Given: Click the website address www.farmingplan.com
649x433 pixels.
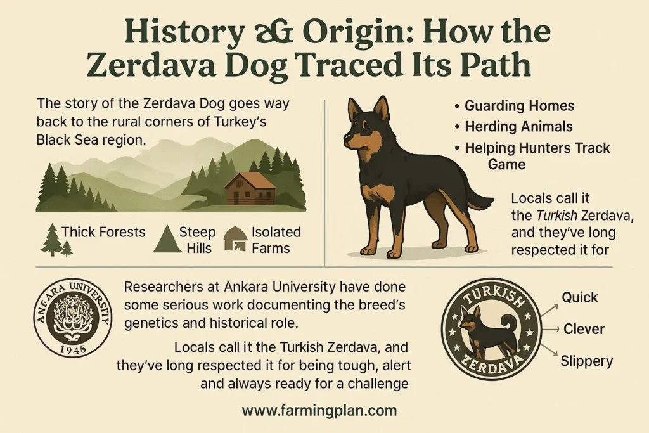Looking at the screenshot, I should pos(319,410).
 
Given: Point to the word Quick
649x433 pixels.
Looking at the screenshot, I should pos(579,297).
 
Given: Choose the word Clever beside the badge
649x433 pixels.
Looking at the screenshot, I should pos(583,329).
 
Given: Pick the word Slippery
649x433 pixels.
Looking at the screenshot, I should pos(587,361).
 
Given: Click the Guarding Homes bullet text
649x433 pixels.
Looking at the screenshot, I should pos(519,106).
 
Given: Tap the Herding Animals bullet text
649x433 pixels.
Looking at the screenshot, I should pos(518,127).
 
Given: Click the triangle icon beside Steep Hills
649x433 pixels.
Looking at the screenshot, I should pos(167,239).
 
